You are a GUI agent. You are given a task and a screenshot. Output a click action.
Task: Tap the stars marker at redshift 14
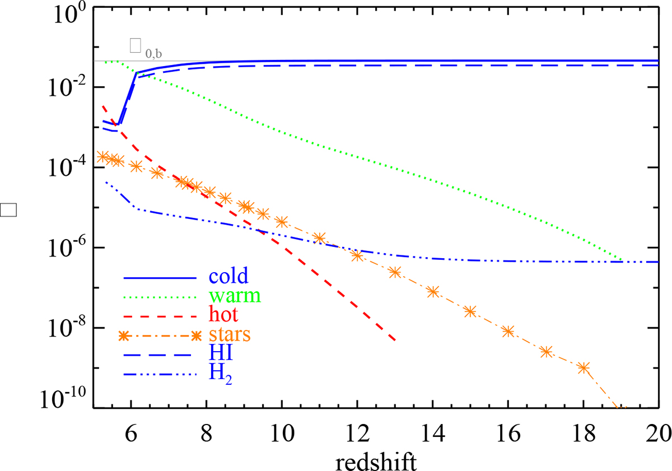(x=432, y=291)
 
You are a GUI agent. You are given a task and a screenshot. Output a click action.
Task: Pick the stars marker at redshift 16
(x=508, y=331)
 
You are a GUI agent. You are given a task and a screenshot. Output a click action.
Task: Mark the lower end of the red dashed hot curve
(x=395, y=340)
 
